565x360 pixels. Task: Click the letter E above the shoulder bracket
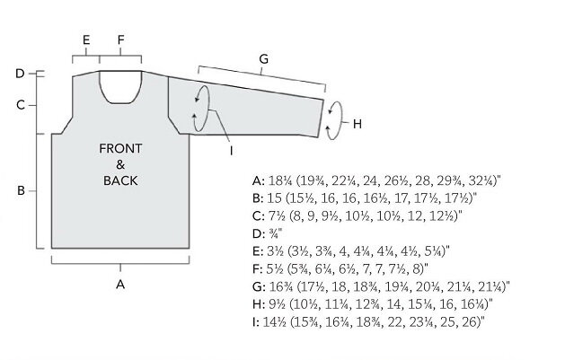click(x=86, y=40)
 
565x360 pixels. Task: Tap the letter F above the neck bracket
click(x=120, y=40)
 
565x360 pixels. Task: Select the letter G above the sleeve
click(x=264, y=58)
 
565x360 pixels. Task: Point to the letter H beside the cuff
click(x=358, y=124)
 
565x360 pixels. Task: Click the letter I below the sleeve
click(x=232, y=151)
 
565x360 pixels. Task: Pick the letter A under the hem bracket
click(x=120, y=285)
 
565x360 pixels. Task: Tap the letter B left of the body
click(x=21, y=190)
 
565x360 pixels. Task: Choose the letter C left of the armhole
click(x=21, y=105)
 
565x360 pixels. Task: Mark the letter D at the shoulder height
click(x=20, y=74)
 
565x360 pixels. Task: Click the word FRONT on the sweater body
click(x=120, y=148)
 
